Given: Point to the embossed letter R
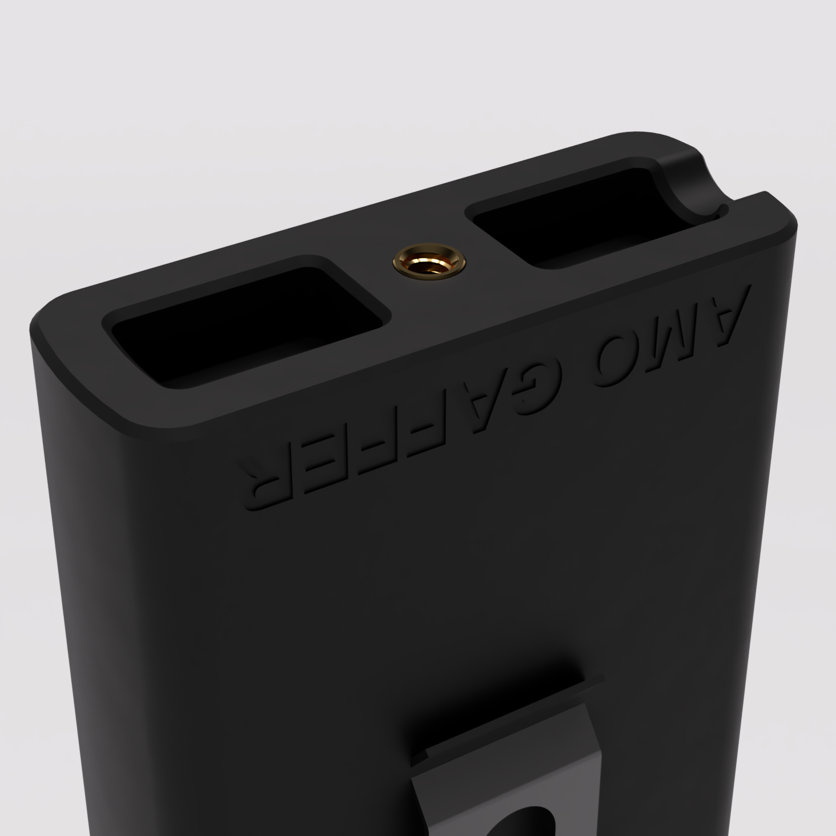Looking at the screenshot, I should coord(266,477).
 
